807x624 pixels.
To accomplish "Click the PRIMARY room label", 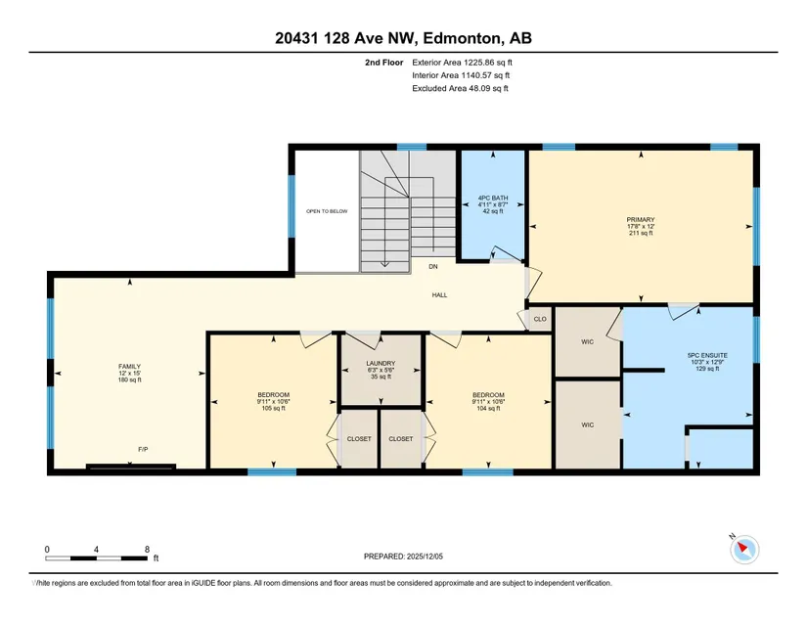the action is pyautogui.click(x=641, y=220).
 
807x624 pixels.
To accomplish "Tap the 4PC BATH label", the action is pyautogui.click(x=493, y=198).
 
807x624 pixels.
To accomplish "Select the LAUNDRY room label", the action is pyautogui.click(x=381, y=363).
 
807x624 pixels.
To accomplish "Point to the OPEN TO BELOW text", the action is pyautogui.click(x=327, y=211).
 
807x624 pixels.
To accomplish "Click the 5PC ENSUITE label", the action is pyautogui.click(x=707, y=355).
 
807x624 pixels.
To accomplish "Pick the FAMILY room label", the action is pyautogui.click(x=129, y=367).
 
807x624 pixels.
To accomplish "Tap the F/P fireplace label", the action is pyautogui.click(x=143, y=449).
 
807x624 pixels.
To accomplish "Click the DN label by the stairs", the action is pyautogui.click(x=432, y=266).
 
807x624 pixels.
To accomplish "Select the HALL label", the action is pyautogui.click(x=439, y=294).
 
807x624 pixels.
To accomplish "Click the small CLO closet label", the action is pyautogui.click(x=540, y=319).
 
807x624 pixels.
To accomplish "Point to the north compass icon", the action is pyautogui.click(x=743, y=549).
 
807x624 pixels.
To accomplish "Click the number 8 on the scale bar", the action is pyautogui.click(x=147, y=550).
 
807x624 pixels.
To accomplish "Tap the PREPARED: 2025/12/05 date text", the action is pyautogui.click(x=403, y=557).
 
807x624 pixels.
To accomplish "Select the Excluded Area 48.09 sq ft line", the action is pyautogui.click(x=460, y=88).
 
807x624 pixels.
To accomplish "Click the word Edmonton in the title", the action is pyautogui.click(x=462, y=38).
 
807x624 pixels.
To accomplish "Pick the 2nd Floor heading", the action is pyautogui.click(x=384, y=63).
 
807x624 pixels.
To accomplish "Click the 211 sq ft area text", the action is pyautogui.click(x=641, y=233).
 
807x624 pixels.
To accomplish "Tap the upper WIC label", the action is pyautogui.click(x=587, y=341).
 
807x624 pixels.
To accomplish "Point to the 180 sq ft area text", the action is pyautogui.click(x=129, y=380).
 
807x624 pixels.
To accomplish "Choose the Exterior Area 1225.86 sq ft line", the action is pyautogui.click(x=462, y=63).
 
